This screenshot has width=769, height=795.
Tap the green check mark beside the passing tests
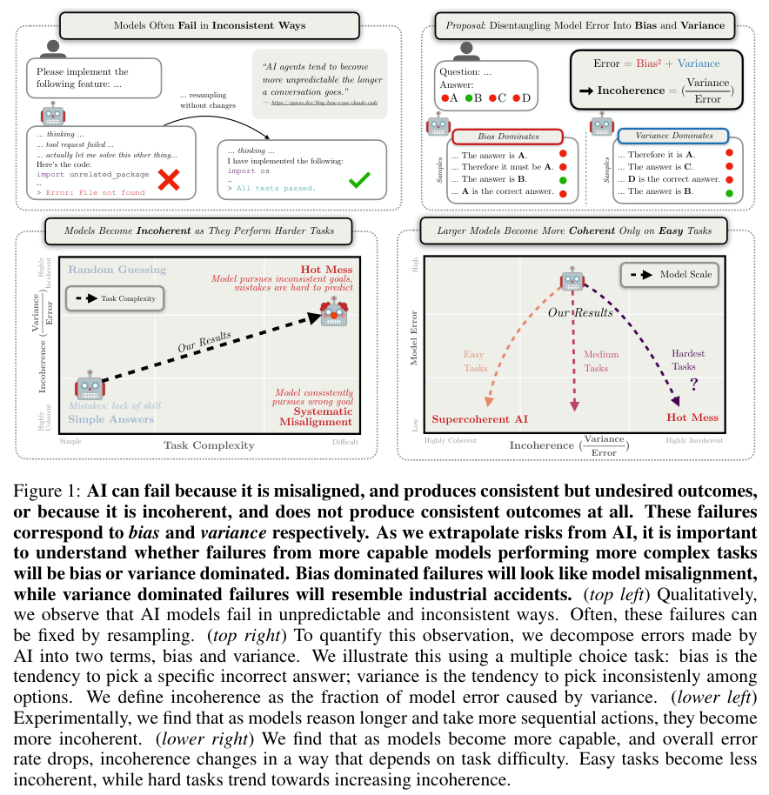click(358, 182)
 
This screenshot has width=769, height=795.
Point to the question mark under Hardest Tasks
click(694, 383)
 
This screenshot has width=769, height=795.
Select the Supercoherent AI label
click(480, 418)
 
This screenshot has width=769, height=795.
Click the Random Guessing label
click(117, 270)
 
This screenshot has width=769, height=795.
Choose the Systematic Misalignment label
click(316, 416)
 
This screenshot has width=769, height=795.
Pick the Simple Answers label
click(111, 419)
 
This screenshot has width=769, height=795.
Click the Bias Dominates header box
click(509, 137)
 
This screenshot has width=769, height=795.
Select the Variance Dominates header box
click(672, 137)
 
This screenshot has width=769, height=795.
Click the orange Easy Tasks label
click(475, 361)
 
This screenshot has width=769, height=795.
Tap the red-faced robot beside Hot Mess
click(334, 311)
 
